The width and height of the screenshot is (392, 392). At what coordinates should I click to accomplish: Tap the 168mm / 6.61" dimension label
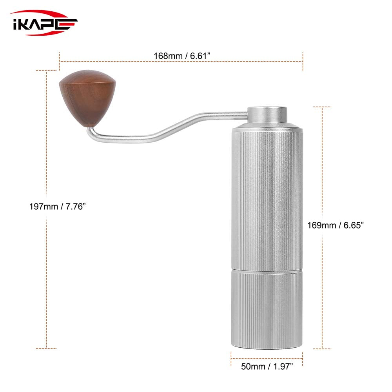pos(181,56)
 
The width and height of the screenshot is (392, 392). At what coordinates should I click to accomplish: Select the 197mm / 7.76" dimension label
pos(57,206)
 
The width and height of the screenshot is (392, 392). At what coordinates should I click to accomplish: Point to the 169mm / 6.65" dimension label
pos(335,225)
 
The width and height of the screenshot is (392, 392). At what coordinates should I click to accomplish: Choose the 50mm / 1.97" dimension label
pos(267,367)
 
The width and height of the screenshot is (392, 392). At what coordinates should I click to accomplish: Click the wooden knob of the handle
pos(88,98)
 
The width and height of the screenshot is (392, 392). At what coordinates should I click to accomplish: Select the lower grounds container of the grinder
pos(267,310)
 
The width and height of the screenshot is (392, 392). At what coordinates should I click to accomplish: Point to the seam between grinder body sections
pos(267,270)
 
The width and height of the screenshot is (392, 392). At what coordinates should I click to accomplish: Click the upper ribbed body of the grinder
pos(267,196)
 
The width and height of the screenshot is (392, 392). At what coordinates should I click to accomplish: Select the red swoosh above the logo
pos(39,13)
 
